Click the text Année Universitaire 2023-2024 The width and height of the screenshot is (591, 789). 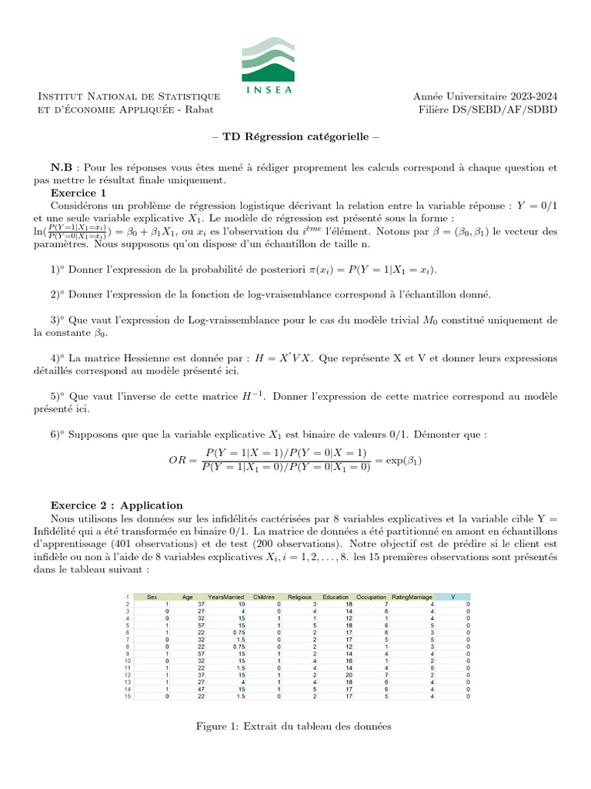coord(485,96)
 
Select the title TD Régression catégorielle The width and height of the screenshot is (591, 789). coord(295,138)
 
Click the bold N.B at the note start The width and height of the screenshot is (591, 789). coord(62,166)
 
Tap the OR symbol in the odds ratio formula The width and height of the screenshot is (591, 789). coord(178,460)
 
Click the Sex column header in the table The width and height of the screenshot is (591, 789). coord(152,596)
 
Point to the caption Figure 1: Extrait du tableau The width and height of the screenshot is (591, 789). coord(295,726)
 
